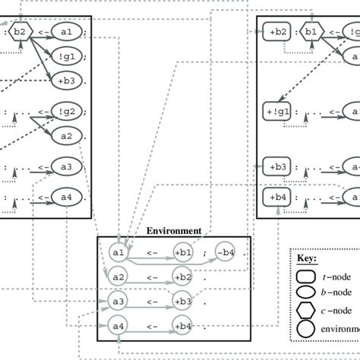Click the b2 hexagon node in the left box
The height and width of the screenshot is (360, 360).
21,32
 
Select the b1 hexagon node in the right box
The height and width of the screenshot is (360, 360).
311,32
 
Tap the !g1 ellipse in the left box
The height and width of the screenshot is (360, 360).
66,55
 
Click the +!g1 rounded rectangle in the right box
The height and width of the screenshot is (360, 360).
277,112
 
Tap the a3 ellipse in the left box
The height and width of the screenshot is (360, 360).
66,166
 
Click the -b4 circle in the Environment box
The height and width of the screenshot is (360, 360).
224,252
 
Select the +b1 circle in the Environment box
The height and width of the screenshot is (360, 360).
182,252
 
